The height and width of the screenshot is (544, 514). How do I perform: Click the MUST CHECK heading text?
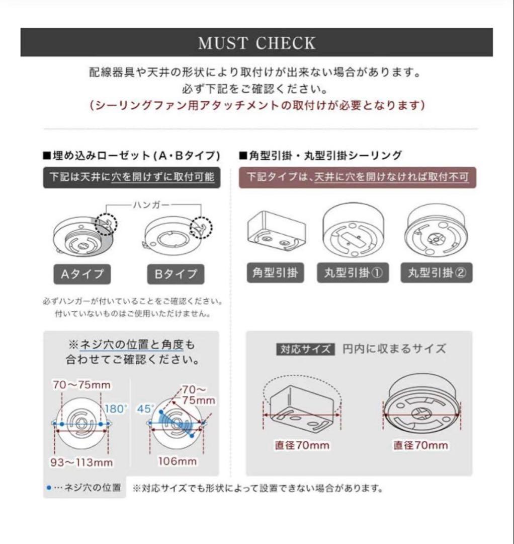pyautogui.click(x=256, y=43)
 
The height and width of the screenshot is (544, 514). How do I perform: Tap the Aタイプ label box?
pyautogui.click(x=82, y=274)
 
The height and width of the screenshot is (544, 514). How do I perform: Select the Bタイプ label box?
pyautogui.click(x=176, y=274)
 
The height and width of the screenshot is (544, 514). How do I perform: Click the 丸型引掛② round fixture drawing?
pyautogui.click(x=437, y=228)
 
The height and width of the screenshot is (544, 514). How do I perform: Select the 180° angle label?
pyautogui.click(x=116, y=409)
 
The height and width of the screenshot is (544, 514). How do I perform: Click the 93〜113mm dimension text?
pyautogui.click(x=81, y=462)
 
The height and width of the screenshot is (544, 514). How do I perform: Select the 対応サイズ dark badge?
pyautogui.click(x=305, y=349)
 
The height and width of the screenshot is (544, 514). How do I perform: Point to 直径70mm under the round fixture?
pyautogui.click(x=420, y=445)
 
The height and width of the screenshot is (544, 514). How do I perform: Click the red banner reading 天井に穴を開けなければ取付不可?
pyautogui.click(x=357, y=178)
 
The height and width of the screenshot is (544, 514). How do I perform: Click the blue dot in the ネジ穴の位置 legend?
pyautogui.click(x=48, y=488)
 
